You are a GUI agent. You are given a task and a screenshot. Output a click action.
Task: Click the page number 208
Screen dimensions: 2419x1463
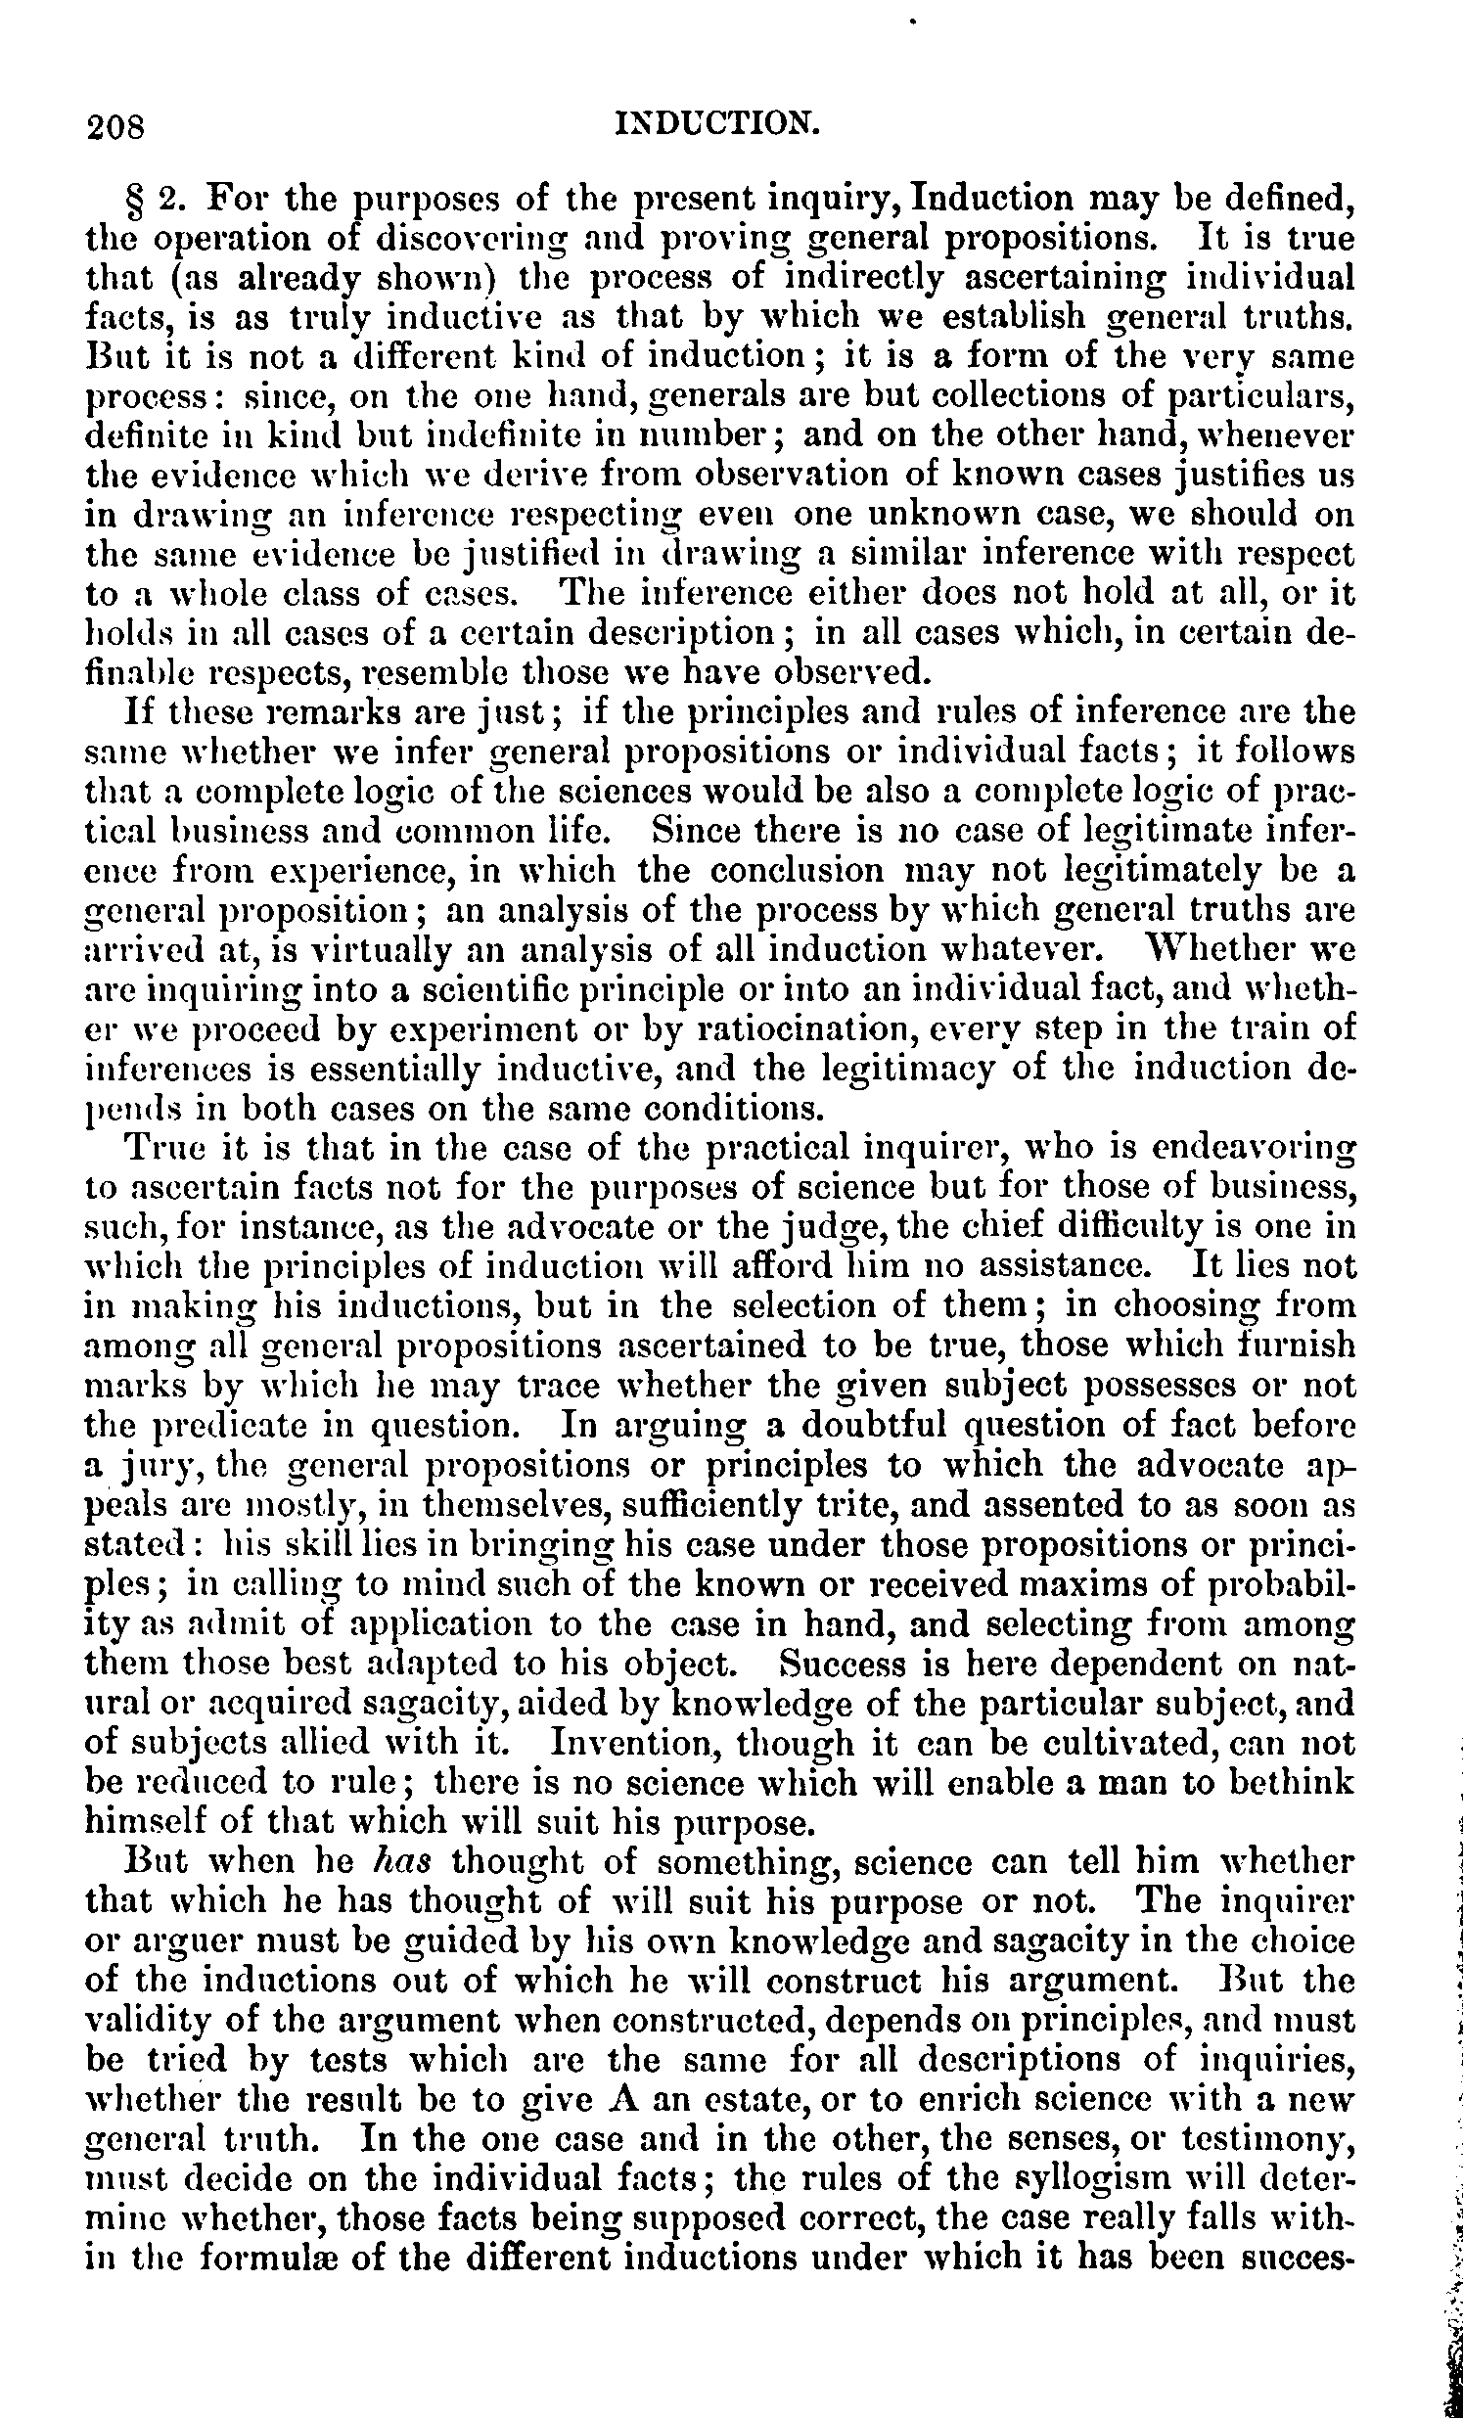[115, 127]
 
